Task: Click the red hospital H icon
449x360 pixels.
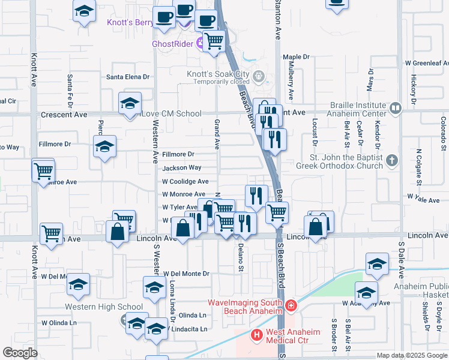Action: click(x=256, y=334)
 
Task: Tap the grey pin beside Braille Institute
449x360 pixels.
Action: click(x=395, y=108)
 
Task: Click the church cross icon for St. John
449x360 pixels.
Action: click(x=391, y=160)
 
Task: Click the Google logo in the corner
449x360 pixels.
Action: click(x=20, y=353)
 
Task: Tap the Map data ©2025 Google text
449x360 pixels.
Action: click(x=411, y=355)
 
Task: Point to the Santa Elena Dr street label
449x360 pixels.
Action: click(x=128, y=77)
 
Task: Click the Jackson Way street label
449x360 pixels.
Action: click(x=181, y=168)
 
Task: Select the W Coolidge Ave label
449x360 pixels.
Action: click(x=185, y=181)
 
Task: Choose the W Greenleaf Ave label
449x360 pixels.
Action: click(x=427, y=62)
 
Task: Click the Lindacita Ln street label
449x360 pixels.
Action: click(x=188, y=329)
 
